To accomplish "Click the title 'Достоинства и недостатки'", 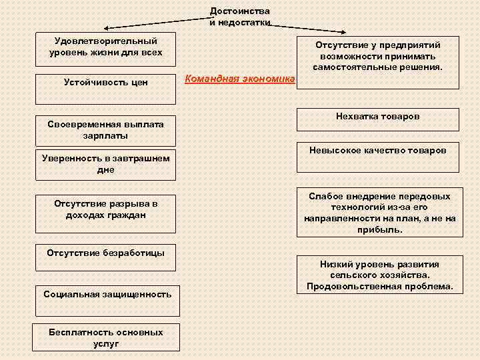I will (x=240, y=17).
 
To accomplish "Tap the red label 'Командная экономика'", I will (x=239, y=79).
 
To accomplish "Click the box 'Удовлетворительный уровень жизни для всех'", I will (x=105, y=47).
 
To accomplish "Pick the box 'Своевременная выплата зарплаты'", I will (x=105, y=131).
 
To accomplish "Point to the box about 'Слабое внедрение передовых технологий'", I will (x=379, y=213).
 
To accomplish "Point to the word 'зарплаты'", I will (x=105, y=135).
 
